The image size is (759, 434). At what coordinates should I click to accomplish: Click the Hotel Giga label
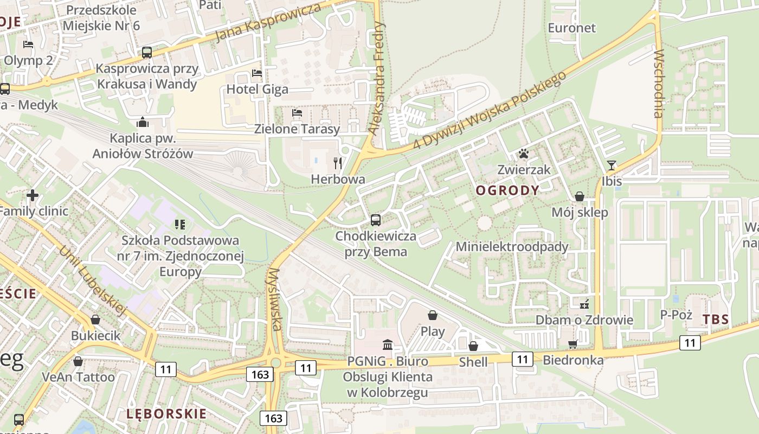click(258, 89)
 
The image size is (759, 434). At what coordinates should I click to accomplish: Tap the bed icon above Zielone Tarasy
click(297, 113)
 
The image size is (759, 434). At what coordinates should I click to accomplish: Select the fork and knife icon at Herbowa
click(338, 163)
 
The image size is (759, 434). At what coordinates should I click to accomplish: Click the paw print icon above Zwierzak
click(523, 154)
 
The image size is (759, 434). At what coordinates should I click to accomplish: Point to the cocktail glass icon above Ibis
click(612, 165)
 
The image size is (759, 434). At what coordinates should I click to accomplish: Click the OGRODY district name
click(507, 190)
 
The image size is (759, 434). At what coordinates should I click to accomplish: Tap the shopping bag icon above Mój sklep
click(580, 196)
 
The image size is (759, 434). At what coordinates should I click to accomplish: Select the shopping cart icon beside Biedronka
click(573, 344)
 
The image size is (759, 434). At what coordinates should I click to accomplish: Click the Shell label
click(473, 362)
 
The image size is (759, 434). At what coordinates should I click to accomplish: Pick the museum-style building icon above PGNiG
click(388, 345)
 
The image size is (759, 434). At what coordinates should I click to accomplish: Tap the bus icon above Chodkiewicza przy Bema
click(375, 220)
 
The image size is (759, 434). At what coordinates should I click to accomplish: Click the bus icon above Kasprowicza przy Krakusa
click(147, 53)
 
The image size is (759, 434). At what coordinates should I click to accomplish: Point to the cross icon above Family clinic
click(33, 195)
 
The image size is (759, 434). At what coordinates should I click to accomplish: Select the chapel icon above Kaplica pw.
click(143, 122)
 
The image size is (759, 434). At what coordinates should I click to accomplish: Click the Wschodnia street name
click(658, 84)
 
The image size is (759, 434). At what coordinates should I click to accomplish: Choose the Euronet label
click(571, 28)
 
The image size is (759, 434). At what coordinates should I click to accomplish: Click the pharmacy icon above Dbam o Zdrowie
click(584, 304)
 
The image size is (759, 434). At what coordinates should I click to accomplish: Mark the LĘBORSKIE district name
click(166, 414)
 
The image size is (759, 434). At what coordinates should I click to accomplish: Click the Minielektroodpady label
click(512, 247)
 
